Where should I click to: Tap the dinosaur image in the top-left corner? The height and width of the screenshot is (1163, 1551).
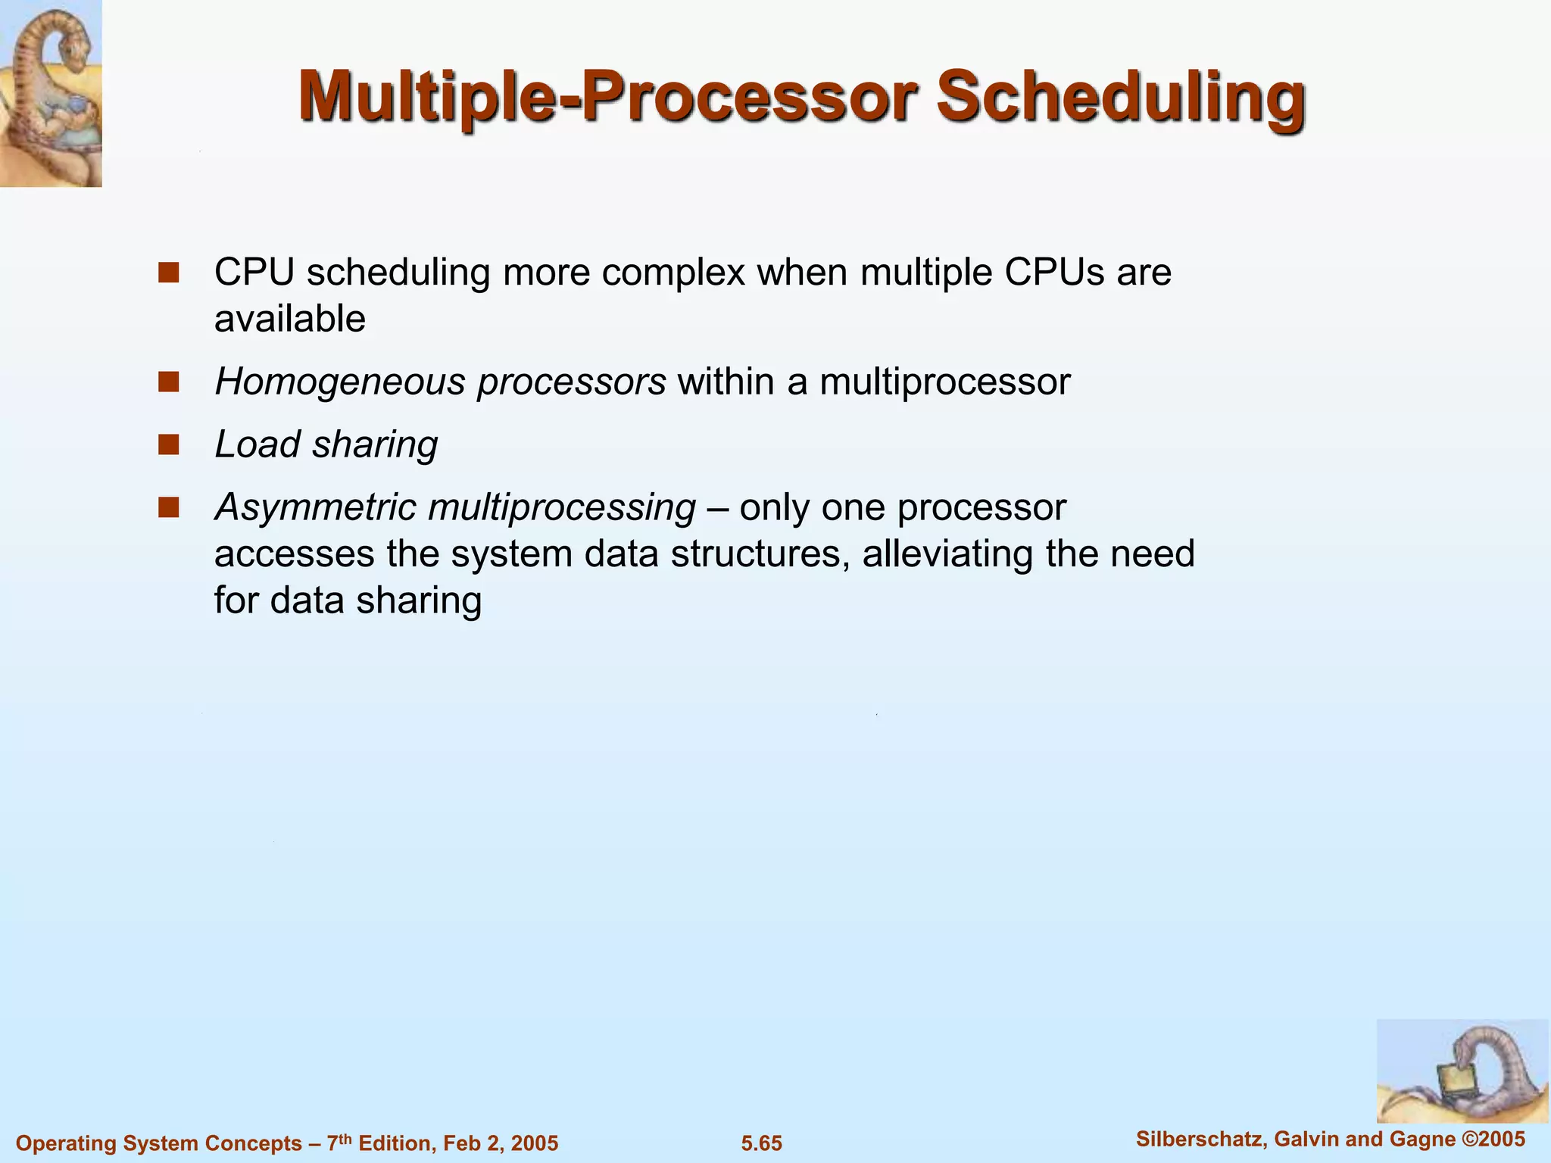click(x=51, y=92)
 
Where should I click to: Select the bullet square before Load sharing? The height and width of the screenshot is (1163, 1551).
click(x=168, y=444)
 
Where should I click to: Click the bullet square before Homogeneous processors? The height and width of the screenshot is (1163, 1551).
click(x=168, y=382)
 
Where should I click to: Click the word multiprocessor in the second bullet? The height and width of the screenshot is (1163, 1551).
click(x=944, y=382)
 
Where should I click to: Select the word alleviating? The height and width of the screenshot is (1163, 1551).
click(x=947, y=553)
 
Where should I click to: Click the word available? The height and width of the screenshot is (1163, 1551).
click(x=289, y=319)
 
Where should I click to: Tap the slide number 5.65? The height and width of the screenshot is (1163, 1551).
click(x=761, y=1143)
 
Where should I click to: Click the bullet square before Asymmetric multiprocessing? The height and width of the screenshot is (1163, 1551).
click(x=168, y=507)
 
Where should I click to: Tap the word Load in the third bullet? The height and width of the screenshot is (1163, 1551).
click(x=257, y=444)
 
